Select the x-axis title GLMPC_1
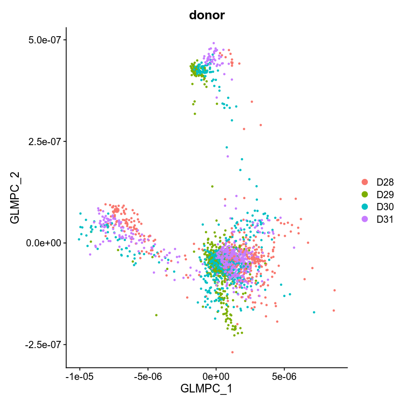pyautogui.click(x=206, y=388)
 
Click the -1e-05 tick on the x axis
pyautogui.click(x=80, y=375)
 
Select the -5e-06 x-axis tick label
pyautogui.click(x=148, y=375)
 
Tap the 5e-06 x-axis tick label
pyautogui.click(x=283, y=375)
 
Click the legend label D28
pyautogui.click(x=385, y=182)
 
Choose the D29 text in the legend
pyautogui.click(x=385, y=195)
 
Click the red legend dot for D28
pyautogui.click(x=364, y=182)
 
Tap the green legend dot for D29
pyautogui.click(x=364, y=195)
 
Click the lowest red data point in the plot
pyautogui.click(x=232, y=352)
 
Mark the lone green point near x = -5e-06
pyautogui.click(x=156, y=315)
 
